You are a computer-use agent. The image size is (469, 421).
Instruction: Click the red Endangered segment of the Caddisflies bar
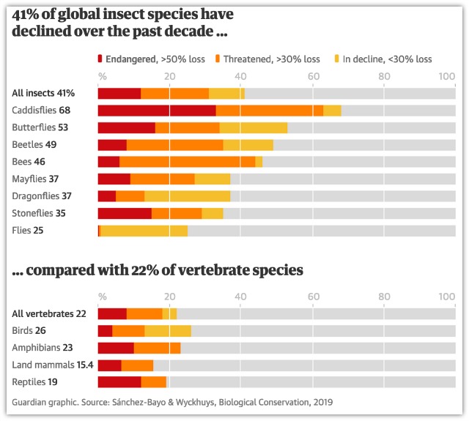pos(157,111)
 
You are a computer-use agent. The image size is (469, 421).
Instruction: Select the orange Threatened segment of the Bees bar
pos(187,162)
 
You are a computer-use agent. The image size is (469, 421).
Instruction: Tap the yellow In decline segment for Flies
pos(144,231)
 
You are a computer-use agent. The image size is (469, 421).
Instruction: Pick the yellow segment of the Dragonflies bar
pos(187,196)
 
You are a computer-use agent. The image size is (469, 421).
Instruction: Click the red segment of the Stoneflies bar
pos(125,213)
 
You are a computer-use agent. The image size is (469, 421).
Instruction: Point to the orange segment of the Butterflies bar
pos(187,127)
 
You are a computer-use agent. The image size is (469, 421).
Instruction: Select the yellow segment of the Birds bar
pos(168,331)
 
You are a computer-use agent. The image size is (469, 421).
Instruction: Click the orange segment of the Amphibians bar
pos(157,348)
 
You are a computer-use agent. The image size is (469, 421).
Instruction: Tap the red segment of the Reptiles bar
pos(119,382)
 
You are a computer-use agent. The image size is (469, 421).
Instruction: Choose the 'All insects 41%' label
pos(43,93)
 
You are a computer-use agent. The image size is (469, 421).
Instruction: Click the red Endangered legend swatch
pos(101,59)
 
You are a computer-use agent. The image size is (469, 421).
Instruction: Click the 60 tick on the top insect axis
pos(312,76)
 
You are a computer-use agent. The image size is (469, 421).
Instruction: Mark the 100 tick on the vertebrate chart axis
pos(446,297)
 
